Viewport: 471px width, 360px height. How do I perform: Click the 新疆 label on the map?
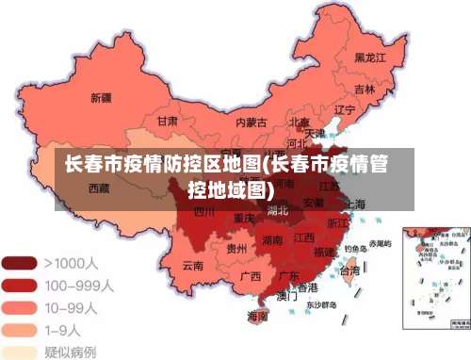(101, 97)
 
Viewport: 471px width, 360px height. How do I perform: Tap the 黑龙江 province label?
(370, 57)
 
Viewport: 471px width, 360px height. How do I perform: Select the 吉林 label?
(365, 89)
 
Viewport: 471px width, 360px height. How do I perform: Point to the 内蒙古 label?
(251, 122)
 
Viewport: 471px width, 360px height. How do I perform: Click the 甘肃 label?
(168, 122)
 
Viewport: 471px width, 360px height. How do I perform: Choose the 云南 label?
(192, 266)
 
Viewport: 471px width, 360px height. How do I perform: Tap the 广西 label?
(251, 276)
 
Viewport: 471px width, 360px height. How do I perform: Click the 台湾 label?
(349, 270)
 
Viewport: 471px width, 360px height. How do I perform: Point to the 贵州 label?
(237, 249)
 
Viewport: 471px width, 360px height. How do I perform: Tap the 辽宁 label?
(345, 110)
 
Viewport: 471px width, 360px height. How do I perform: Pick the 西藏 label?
(99, 188)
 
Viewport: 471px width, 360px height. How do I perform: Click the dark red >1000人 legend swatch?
(20, 261)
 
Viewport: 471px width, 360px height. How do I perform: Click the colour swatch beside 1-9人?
(20, 329)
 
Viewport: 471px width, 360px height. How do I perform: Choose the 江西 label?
(303, 238)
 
